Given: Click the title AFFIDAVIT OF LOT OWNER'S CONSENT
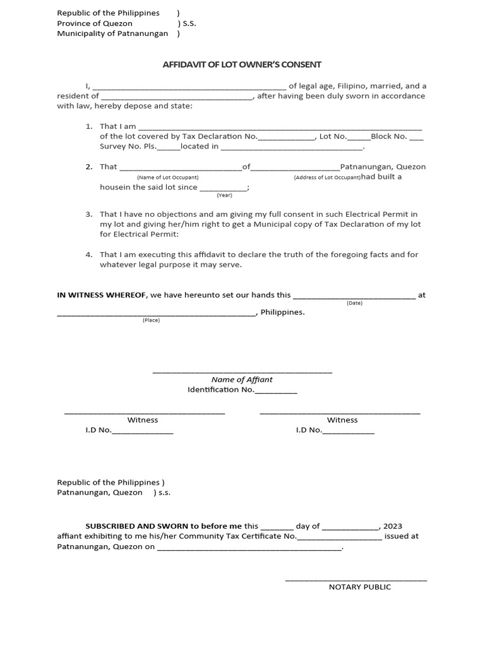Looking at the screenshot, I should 242,64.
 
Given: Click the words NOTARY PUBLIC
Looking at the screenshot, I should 359,587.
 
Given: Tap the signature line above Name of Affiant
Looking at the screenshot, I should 242,372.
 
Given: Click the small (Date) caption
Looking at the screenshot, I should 354,303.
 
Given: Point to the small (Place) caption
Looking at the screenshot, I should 151,320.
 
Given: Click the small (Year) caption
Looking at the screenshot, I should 224,195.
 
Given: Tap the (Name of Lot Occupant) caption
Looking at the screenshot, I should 167,178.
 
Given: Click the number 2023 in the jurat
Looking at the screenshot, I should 392,526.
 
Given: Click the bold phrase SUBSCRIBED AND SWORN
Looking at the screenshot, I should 164,526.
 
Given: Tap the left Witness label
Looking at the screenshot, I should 143,420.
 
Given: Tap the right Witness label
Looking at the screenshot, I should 342,420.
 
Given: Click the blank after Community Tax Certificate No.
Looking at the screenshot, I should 339,538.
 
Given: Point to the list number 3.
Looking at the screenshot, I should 89,215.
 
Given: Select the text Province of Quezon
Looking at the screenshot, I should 95,23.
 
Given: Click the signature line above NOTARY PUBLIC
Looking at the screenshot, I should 356,579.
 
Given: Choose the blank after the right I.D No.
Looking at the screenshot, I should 348,432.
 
